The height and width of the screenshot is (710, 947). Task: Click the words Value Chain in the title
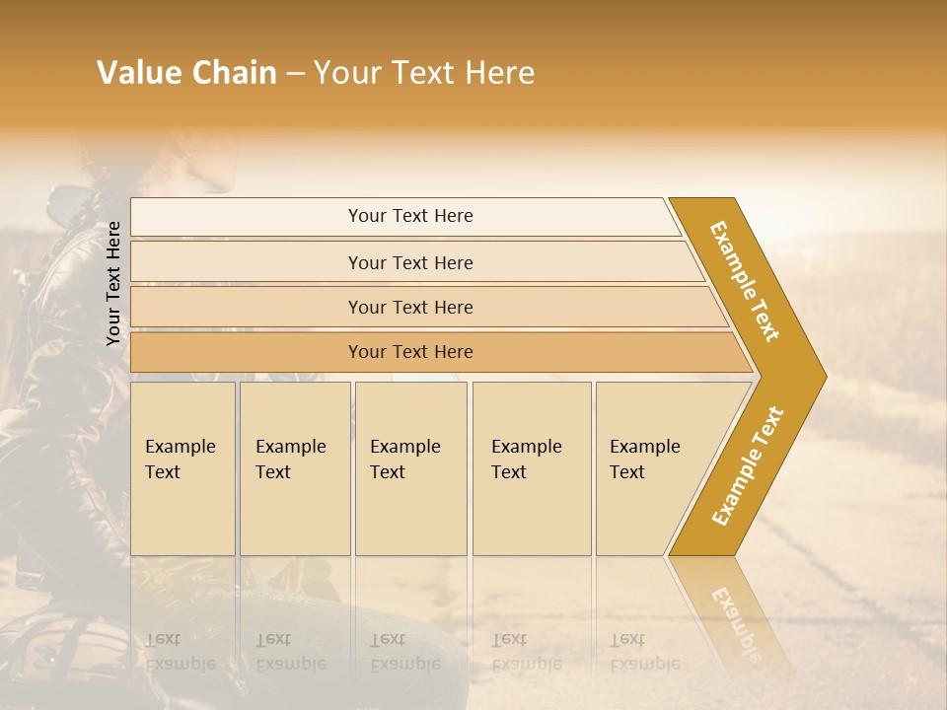186,73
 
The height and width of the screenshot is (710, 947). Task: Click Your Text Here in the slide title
424,73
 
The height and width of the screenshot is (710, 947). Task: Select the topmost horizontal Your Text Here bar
410,216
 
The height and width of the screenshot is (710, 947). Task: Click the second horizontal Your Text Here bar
410,262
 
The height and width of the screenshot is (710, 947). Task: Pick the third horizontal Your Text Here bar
410,307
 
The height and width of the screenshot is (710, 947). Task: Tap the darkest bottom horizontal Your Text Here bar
410,352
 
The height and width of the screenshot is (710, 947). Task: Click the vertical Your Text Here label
113,283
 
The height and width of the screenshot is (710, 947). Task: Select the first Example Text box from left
182,467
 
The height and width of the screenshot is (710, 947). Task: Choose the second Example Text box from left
294,467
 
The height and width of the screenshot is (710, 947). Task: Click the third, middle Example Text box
409,467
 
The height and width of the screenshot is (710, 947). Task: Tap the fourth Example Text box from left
531,467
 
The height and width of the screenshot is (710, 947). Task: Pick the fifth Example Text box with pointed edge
651,467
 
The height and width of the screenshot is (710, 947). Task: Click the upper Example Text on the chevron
745,281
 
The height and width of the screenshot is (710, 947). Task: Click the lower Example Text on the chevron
747,466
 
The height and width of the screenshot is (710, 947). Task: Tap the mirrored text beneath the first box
180,652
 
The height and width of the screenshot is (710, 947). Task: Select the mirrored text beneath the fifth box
644,652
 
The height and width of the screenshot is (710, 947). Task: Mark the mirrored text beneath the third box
404,652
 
